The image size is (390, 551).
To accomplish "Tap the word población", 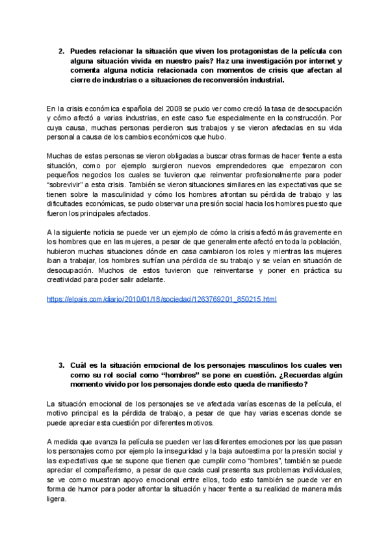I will click(323, 242).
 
